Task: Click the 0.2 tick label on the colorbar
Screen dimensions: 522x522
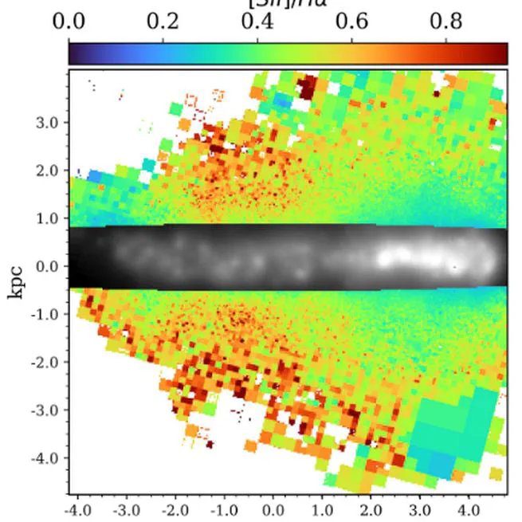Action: point(163,22)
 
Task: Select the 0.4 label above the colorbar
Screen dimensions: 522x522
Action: point(257,22)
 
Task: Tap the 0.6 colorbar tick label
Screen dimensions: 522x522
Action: point(351,22)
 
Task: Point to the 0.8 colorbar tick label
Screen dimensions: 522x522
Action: point(446,22)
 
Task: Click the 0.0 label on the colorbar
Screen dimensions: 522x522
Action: point(69,22)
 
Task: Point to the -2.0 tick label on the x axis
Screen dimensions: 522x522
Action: point(174,508)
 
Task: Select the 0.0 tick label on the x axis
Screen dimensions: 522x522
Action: point(273,508)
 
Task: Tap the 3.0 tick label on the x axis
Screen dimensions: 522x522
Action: point(419,508)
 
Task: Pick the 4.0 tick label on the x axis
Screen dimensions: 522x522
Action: point(469,508)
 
